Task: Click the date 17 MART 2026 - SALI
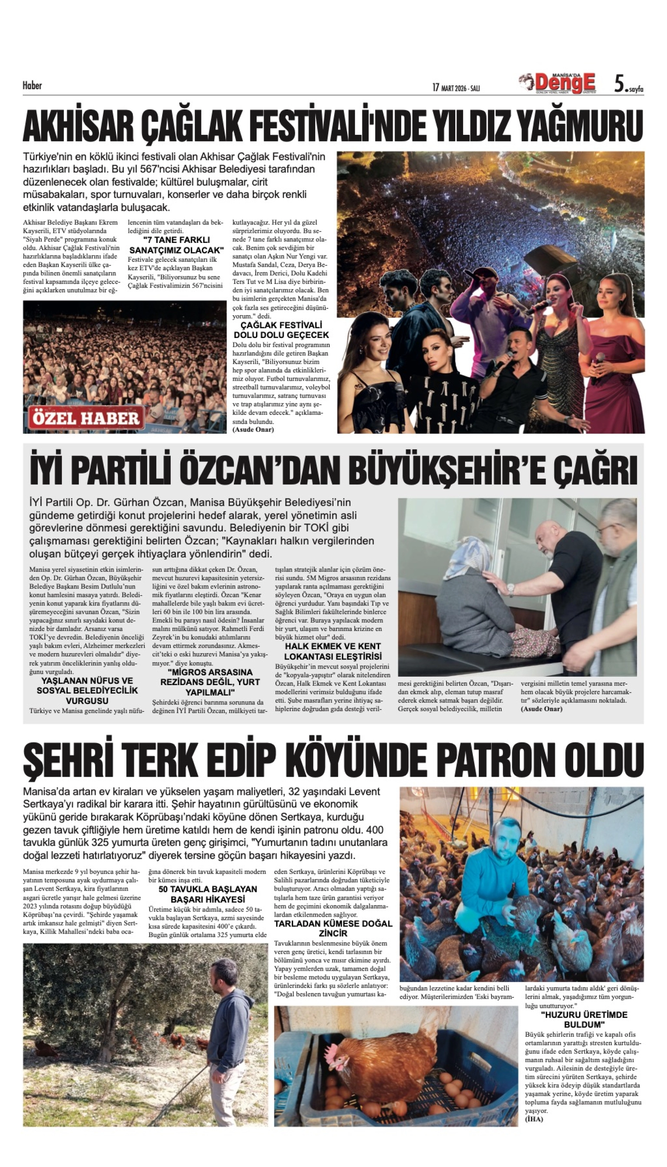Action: coord(456,87)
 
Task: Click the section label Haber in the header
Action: coord(32,85)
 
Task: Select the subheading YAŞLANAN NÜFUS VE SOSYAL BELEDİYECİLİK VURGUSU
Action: coord(87,691)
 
